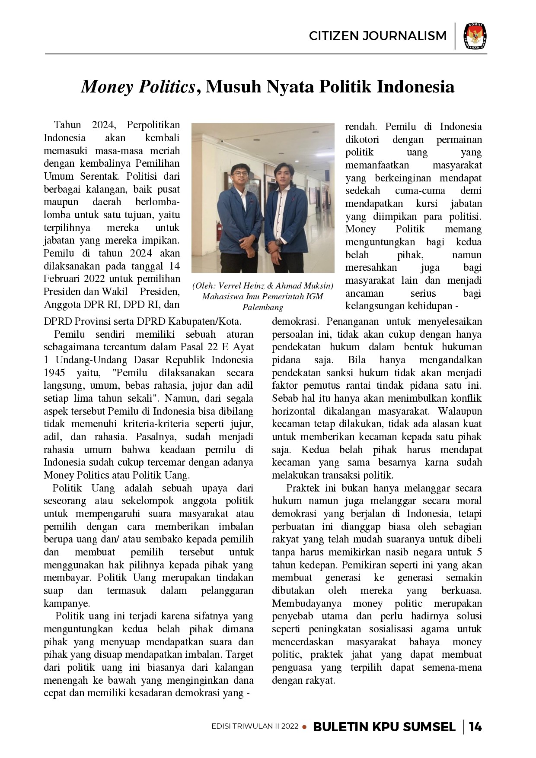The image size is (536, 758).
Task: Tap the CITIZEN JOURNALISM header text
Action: pos(377,36)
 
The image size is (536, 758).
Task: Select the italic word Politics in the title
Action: pos(167,87)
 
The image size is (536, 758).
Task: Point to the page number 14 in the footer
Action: pos(475,727)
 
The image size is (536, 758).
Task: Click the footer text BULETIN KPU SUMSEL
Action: pos(384,727)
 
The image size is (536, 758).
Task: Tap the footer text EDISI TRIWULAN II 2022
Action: pos(255,726)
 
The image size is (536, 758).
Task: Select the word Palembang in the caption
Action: pos(263,308)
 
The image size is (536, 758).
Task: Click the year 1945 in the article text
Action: pos(54,373)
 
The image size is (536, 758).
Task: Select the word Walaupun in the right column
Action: pos(460,411)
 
